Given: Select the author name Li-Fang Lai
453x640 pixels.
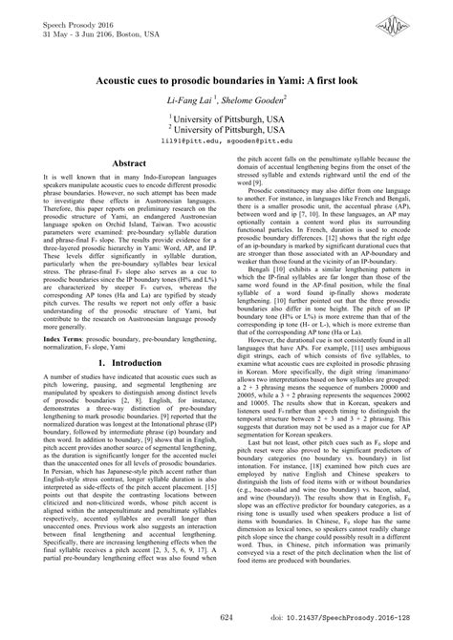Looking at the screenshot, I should point(194,100).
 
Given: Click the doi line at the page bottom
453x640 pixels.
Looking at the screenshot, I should point(363,618).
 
